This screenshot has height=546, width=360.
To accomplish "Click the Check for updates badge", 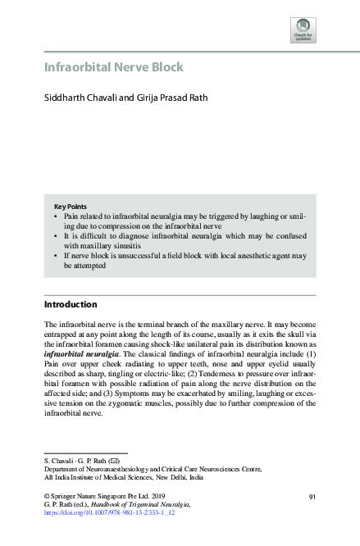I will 303,30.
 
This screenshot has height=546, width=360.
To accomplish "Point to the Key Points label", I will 71,206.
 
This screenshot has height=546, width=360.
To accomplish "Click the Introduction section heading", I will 70,304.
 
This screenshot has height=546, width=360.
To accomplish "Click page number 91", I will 312,497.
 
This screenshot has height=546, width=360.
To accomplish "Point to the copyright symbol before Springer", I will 46,497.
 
